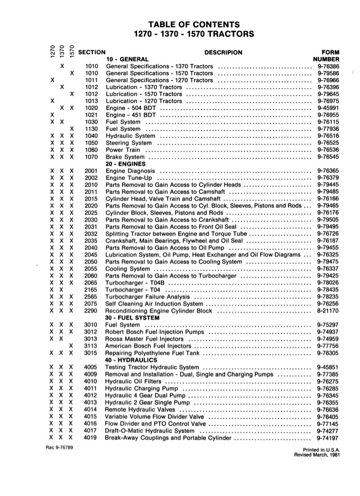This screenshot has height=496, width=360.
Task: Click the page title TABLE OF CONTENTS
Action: [x=194, y=24]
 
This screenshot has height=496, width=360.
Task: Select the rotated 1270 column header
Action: [x=53, y=52]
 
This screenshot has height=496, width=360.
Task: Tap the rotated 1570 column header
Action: [x=72, y=52]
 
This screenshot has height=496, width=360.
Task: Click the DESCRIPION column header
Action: [x=223, y=52]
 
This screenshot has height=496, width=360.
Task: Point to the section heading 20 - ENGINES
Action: [x=126, y=164]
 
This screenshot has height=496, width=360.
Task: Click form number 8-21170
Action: [x=327, y=311]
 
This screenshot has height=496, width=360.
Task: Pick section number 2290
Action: [x=91, y=311]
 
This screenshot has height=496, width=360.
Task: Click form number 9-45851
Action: [x=327, y=367]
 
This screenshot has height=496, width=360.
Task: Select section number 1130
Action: [x=91, y=129]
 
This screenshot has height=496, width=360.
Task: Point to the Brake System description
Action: [x=125, y=157]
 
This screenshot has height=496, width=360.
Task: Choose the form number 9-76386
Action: [x=327, y=66]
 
